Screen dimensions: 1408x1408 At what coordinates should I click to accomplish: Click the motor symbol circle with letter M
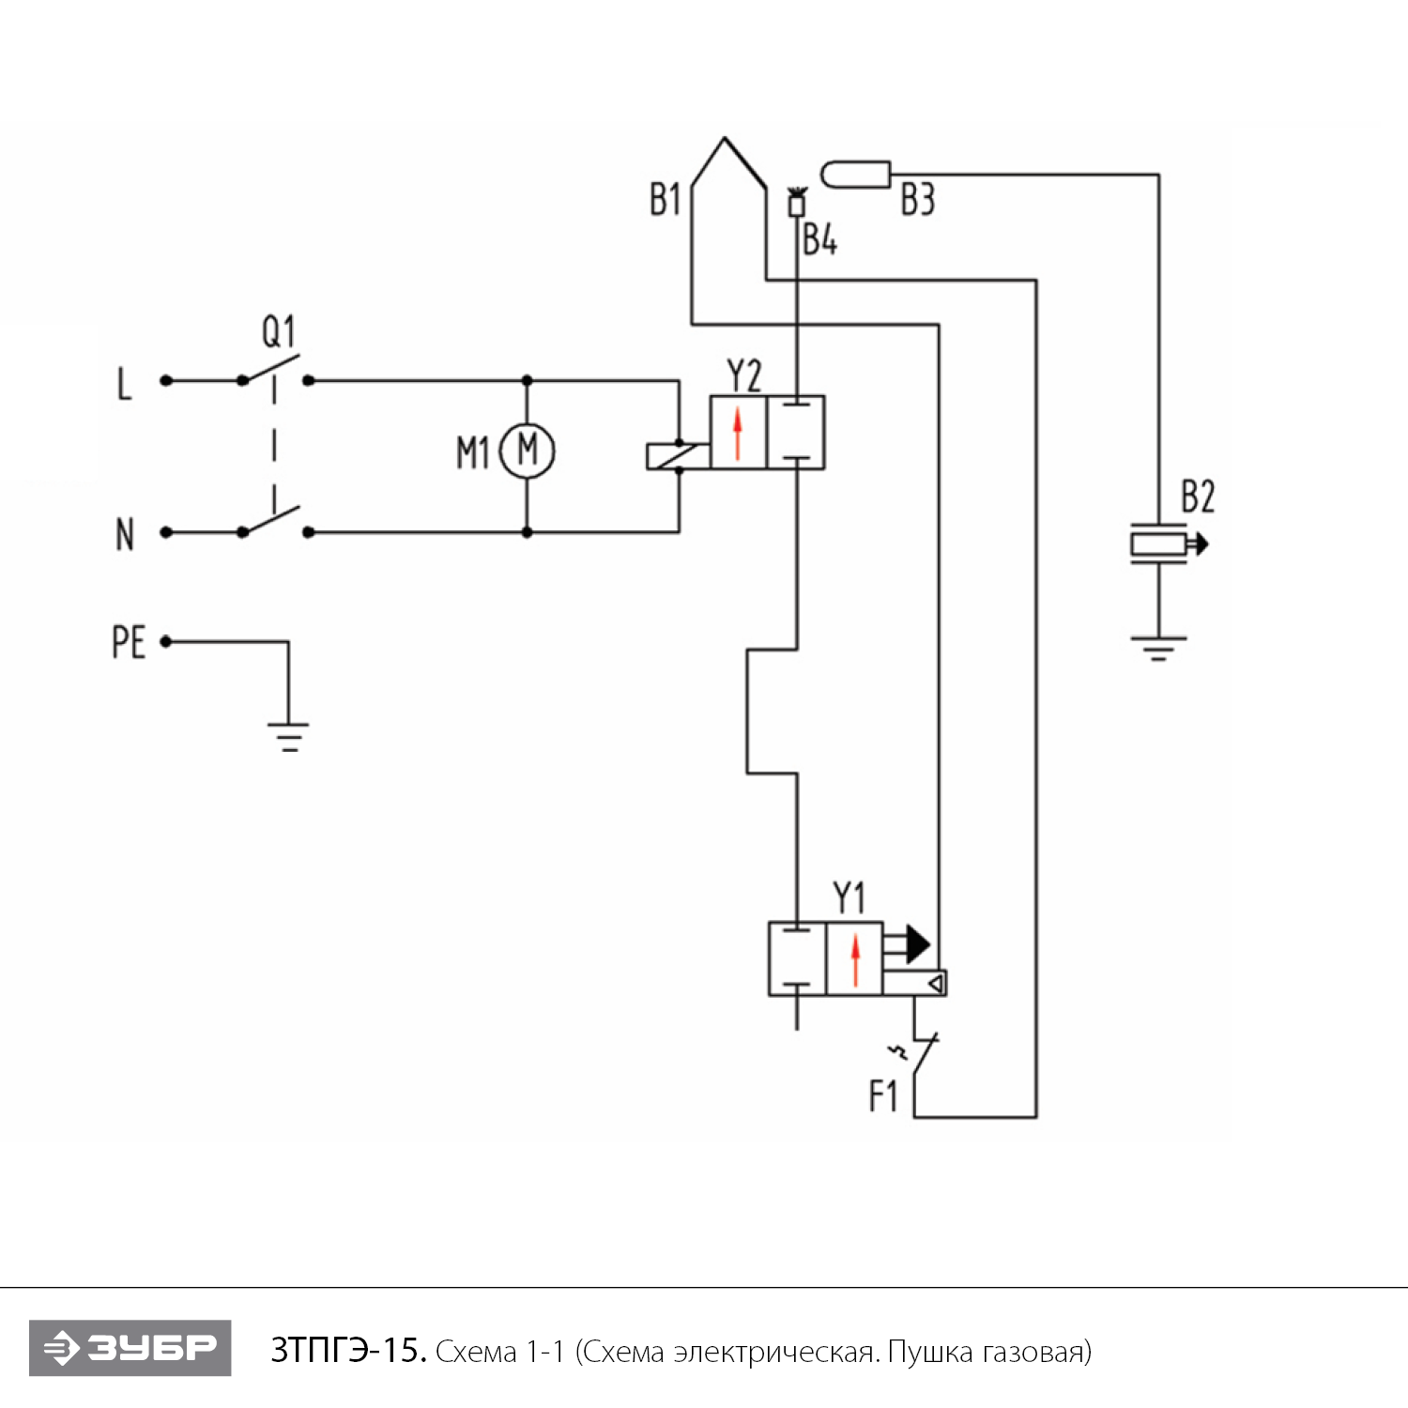[x=528, y=451]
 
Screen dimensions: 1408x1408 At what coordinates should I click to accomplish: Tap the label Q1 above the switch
[x=278, y=331]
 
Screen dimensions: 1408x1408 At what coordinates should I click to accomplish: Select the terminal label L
[x=124, y=384]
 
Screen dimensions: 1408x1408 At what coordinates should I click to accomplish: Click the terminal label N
[x=125, y=535]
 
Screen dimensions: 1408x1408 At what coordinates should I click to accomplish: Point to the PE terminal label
[x=129, y=643]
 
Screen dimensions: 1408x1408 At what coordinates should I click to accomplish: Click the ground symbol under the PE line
[x=288, y=737]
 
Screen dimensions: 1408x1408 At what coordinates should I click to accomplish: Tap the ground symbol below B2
[x=1158, y=649]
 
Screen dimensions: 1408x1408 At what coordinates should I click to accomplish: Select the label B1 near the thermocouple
[x=665, y=200]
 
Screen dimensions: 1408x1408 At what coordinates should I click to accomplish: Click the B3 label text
[x=917, y=200]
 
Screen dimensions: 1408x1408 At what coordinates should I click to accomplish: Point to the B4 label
[x=819, y=240]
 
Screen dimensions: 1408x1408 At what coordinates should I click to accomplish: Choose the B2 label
[x=1197, y=497]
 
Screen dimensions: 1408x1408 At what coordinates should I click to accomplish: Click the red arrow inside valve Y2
[x=738, y=433]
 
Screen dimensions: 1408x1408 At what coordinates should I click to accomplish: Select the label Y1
[x=849, y=898]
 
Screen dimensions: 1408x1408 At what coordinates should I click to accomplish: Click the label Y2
[x=744, y=376]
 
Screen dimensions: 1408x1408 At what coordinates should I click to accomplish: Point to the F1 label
[x=882, y=1096]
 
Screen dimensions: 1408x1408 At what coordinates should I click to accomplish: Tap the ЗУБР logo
[x=130, y=1348]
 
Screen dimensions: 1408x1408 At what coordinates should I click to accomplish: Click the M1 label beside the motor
[x=473, y=453]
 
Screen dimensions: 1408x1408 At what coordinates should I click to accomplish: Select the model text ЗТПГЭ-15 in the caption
[x=348, y=1351]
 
